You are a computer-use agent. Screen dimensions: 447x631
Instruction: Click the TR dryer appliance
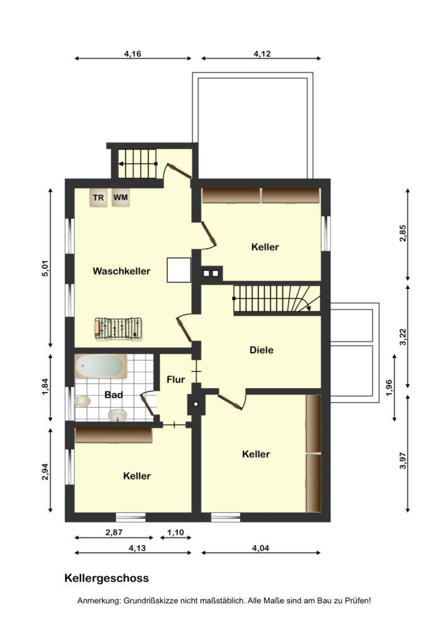point(98,198)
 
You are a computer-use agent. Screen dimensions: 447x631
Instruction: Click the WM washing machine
point(120,197)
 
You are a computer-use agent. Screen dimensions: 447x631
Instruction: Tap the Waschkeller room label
point(122,271)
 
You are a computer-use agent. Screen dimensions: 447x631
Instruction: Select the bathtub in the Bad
point(102,366)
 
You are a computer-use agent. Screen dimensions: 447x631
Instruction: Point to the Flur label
point(176,379)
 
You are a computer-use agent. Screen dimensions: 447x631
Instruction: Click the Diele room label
point(261,350)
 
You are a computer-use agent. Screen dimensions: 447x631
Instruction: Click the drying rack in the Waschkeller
point(119,329)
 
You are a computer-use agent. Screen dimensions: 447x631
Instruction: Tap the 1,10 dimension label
point(175,533)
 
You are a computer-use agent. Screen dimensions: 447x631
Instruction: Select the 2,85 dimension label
point(403,233)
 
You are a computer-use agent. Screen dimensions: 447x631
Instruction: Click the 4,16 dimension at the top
point(132,54)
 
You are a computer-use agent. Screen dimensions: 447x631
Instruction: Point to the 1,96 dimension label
point(389,387)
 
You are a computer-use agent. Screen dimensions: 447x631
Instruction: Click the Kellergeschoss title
point(107,578)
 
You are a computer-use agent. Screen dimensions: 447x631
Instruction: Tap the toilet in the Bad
point(83,401)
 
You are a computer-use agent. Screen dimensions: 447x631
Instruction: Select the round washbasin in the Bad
point(117,415)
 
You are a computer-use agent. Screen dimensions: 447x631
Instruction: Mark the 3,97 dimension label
point(403,461)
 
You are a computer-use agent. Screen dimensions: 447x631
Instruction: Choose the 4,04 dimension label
point(260,548)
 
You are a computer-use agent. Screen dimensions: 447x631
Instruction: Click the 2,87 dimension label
point(113,533)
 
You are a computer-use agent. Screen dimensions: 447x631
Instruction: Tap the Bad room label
point(113,395)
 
